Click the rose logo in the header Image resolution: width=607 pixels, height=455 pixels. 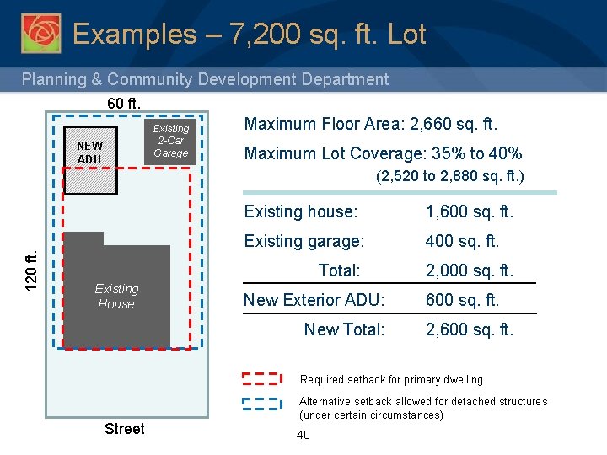coord(40,33)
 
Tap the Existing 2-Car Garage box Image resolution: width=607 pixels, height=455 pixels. coord(171,141)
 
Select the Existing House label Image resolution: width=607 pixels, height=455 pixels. coord(116,296)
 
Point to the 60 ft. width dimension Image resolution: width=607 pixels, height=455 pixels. coord(124,104)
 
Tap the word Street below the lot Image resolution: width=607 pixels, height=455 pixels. coord(124,429)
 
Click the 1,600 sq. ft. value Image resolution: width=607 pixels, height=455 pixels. coord(470,212)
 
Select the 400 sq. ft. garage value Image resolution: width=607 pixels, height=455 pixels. coord(463,241)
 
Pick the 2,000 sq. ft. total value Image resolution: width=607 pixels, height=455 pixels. coord(470,270)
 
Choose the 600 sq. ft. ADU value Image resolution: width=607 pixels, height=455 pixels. coord(463,300)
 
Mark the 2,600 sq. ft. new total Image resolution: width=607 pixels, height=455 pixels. coord(470,329)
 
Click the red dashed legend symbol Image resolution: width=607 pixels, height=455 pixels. coord(261,378)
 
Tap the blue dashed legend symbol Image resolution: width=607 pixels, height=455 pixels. coord(261,402)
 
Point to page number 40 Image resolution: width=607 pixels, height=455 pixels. coord(303,435)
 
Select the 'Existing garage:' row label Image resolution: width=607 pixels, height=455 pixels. coord(304,241)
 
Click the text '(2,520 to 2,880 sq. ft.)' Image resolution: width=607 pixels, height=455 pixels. coord(449,177)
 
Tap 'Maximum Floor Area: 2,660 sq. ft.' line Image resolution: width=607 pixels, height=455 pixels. coord(371,125)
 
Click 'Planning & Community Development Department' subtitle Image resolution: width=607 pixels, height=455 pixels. coord(205,79)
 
